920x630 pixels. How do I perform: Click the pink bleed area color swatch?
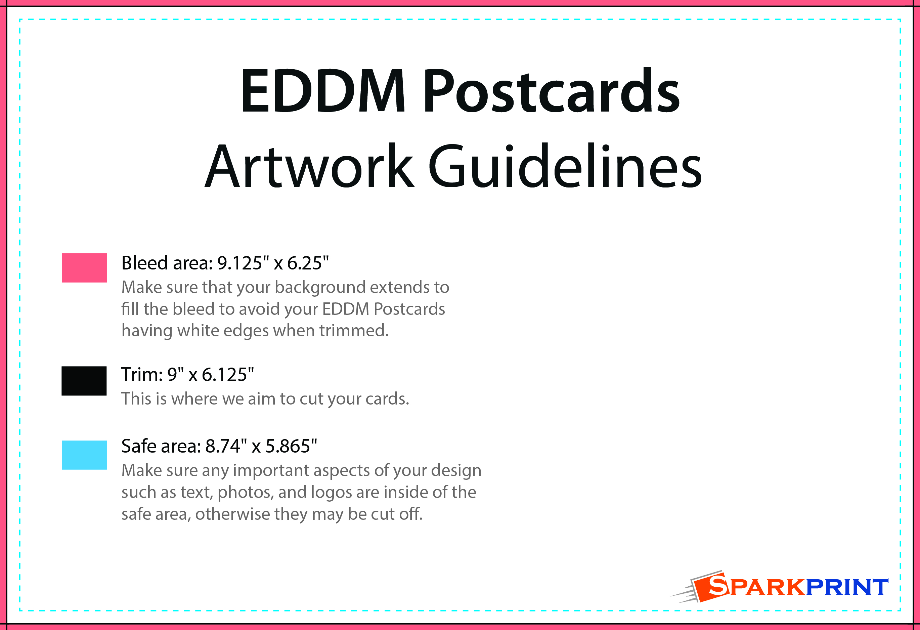84,268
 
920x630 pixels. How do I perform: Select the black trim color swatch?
84,381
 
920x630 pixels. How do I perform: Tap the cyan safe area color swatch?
84,455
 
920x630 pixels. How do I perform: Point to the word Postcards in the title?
552,90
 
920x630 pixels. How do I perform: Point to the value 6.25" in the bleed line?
308,263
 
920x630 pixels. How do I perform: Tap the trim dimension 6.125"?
228,375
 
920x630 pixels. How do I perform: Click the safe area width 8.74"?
226,446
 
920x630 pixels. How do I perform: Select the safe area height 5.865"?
291,446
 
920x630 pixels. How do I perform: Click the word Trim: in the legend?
142,375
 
